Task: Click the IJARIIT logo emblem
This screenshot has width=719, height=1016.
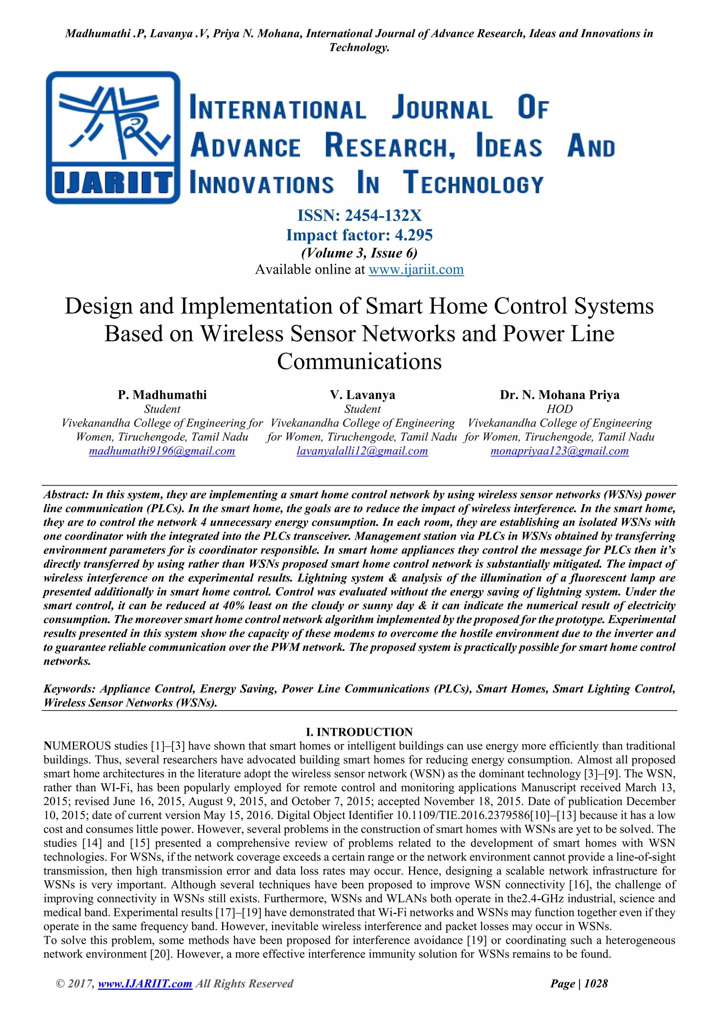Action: click(113, 137)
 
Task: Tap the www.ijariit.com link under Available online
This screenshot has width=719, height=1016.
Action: click(416, 269)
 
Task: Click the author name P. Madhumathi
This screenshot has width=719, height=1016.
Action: click(162, 395)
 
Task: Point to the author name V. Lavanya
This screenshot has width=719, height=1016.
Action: click(362, 395)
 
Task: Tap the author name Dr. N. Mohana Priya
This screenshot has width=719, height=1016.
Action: click(559, 395)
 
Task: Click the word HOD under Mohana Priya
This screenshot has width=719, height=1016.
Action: click(559, 409)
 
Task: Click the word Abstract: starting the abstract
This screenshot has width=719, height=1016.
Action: click(66, 495)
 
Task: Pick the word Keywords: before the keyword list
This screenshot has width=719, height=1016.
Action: click(70, 689)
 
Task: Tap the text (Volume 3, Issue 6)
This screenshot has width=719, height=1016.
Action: click(359, 253)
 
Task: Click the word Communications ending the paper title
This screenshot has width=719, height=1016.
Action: click(359, 362)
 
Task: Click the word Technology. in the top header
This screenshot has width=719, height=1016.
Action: click(359, 47)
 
